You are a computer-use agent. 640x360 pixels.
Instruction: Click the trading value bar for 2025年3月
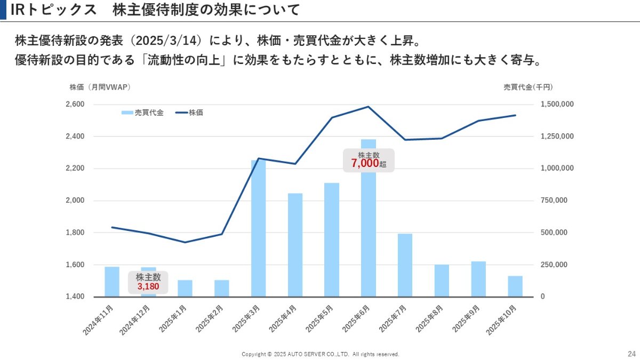258,229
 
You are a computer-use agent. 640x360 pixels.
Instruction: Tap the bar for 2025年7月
405,266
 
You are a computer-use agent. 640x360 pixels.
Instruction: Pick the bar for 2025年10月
515,286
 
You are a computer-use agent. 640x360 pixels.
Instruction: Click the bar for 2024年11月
112,282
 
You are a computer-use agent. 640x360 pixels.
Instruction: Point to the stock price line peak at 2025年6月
369,107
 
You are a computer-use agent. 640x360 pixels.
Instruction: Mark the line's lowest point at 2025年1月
185,242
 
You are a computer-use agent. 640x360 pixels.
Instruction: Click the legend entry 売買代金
142,113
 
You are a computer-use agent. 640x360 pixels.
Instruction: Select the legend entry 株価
189,113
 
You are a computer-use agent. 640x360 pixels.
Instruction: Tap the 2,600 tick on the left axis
75,104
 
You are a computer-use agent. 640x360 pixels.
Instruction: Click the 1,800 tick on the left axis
75,233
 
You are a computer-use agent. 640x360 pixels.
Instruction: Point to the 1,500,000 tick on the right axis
557,104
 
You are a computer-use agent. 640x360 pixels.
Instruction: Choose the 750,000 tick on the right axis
554,201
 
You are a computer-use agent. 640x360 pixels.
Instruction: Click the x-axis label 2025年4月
283,319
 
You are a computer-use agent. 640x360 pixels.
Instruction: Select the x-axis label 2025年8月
429,319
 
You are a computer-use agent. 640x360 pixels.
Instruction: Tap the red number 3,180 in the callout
148,286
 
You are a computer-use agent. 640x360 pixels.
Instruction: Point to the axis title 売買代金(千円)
528,87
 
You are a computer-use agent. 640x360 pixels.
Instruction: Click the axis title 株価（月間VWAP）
100,87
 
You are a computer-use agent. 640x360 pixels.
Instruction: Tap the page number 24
631,354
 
